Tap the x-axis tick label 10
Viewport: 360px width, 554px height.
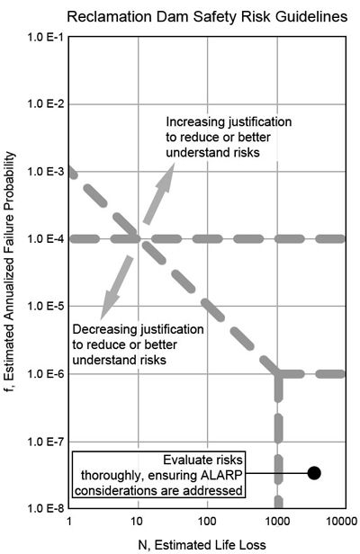click(138, 521)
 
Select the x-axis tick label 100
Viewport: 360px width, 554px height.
click(207, 521)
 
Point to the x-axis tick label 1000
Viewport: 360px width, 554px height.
click(277, 521)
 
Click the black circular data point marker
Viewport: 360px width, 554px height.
click(314, 471)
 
